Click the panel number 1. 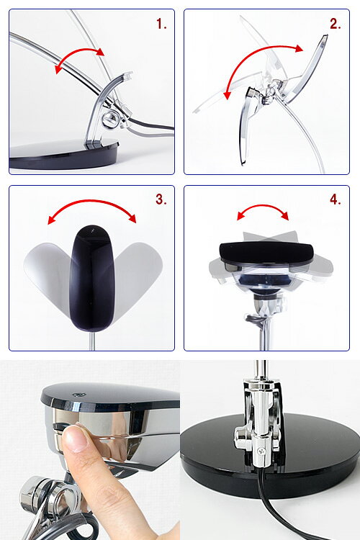tap(161, 24)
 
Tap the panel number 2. tap(336, 24)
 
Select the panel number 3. tap(161, 199)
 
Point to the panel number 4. tap(336, 199)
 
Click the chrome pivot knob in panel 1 tap(111, 119)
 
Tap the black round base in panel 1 tap(64, 155)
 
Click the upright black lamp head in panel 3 tap(91, 278)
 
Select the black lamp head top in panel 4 tap(266, 252)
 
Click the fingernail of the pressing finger tap(75, 438)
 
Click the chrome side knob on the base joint tap(241, 436)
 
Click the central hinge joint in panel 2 tap(271, 91)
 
